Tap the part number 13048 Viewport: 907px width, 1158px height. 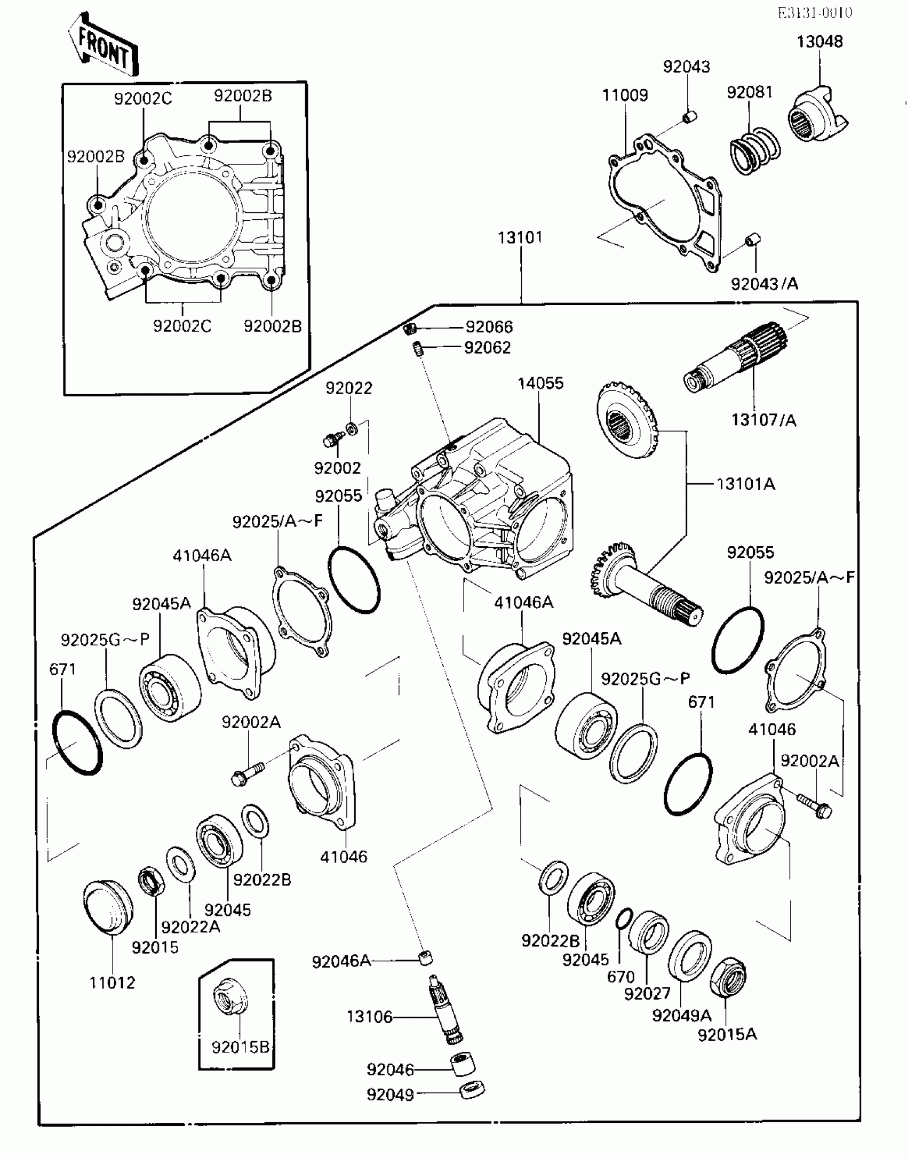click(820, 42)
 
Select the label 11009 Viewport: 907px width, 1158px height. click(625, 95)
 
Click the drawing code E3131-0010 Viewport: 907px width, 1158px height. click(815, 12)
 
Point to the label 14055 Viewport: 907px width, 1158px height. click(540, 383)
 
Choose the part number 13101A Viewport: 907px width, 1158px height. click(745, 484)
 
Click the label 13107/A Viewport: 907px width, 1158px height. click(763, 420)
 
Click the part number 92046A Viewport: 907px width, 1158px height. click(341, 961)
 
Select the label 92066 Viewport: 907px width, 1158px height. click(489, 326)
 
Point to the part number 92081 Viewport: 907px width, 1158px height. click(749, 92)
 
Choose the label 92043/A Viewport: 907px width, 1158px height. click(764, 284)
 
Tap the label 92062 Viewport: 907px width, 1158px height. click(488, 347)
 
